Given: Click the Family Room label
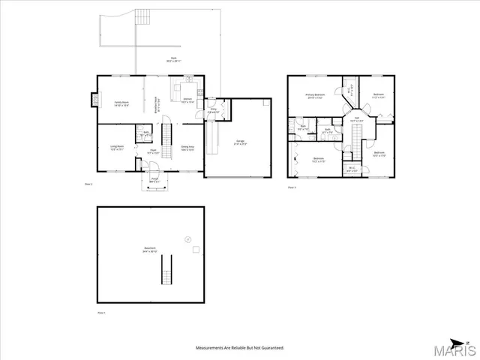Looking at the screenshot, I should (x=121, y=104).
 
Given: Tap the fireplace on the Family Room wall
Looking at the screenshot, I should (x=93, y=97).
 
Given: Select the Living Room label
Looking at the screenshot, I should (x=117, y=148).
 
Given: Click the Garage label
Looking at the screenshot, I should (x=241, y=142).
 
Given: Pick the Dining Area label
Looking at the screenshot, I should (x=187, y=148).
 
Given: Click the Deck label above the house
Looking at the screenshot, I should (x=173, y=58).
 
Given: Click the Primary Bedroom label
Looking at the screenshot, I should (x=313, y=96).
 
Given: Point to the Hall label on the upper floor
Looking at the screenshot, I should (x=357, y=120).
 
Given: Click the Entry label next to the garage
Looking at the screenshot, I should (x=213, y=112).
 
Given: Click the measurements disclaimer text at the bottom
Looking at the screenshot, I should (x=240, y=348).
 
